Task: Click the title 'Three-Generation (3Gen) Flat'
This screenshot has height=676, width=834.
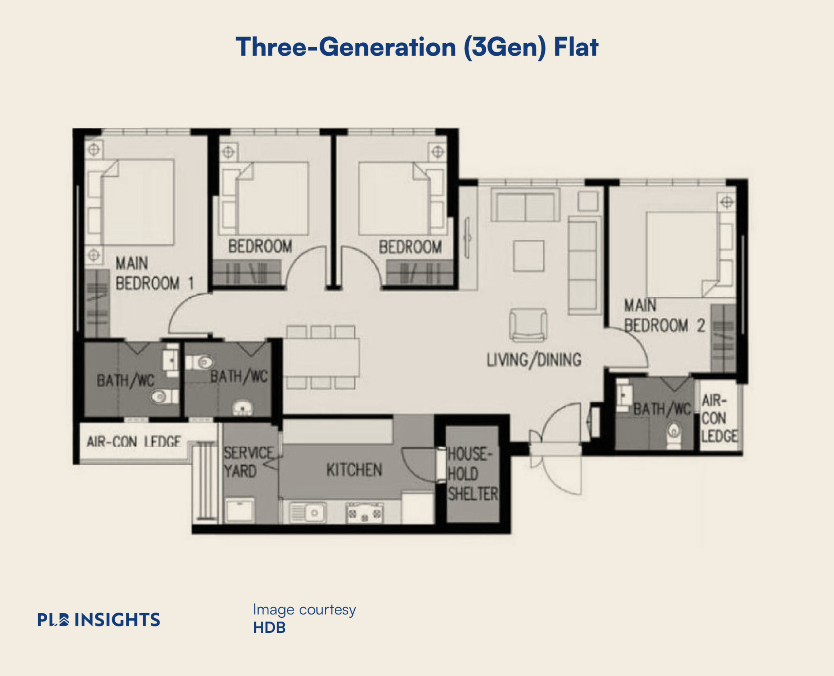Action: point(417,47)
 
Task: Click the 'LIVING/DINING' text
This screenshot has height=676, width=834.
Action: point(534,360)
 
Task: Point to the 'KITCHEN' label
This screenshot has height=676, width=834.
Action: point(353,470)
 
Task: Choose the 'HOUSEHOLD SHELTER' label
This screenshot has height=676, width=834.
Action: point(472,474)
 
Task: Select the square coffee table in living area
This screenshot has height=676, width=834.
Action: point(529,256)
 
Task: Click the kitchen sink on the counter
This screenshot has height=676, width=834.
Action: point(308,512)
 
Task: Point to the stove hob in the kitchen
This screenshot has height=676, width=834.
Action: point(364,512)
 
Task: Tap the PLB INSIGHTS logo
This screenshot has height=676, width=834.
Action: point(99,619)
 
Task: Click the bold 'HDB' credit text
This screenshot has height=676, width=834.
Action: point(269,628)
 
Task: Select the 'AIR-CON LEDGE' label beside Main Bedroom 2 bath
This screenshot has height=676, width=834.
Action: point(719,418)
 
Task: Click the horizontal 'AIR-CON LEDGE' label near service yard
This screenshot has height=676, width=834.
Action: point(134,441)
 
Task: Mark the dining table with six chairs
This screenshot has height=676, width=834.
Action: point(321,357)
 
